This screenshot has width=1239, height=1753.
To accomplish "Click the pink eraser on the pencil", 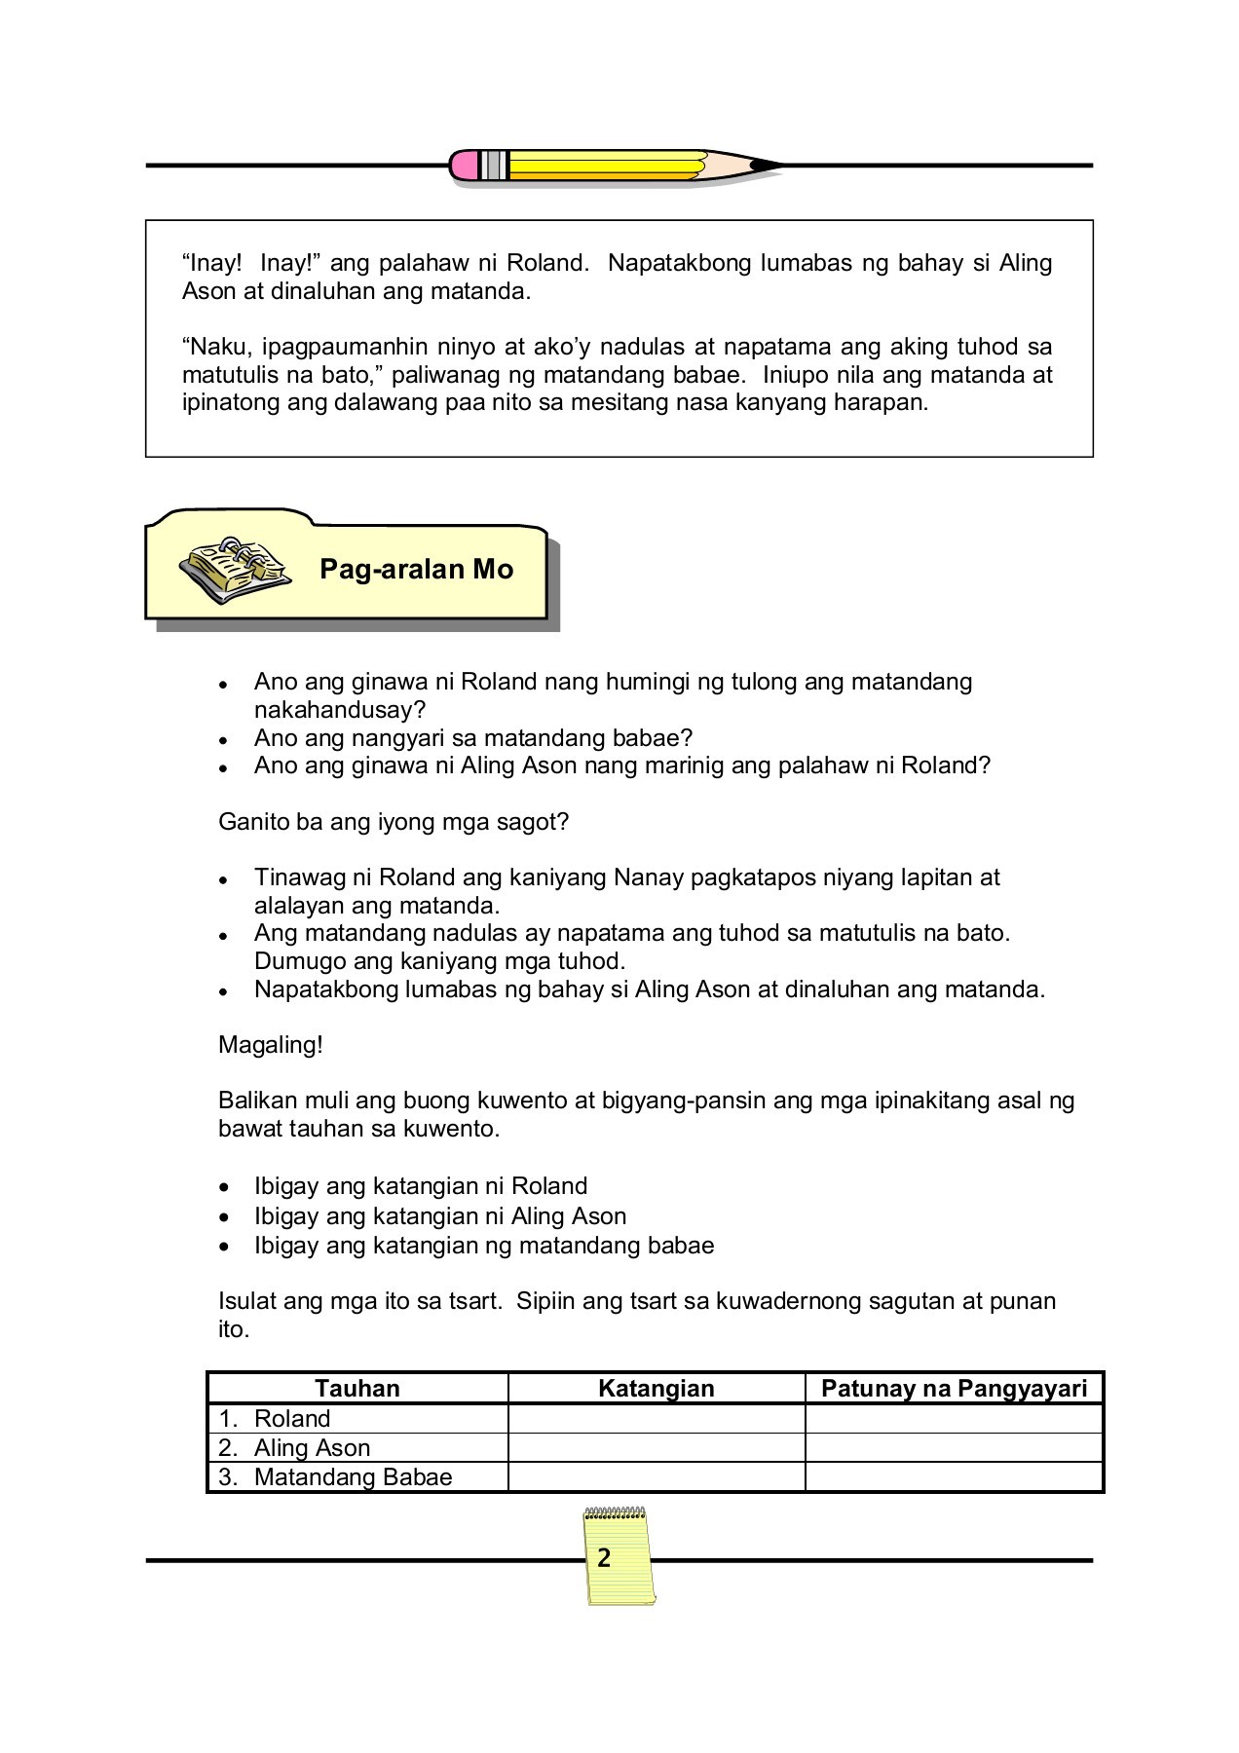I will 465,165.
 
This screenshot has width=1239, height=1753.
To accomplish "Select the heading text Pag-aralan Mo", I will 416,570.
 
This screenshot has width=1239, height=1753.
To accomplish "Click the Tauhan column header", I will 357,1388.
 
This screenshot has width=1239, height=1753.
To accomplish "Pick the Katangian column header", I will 656,1388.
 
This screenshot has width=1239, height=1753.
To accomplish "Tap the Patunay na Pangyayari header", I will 954,1388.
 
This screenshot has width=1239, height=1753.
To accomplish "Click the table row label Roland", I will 291,1418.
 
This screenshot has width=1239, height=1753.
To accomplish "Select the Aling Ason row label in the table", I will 312,1447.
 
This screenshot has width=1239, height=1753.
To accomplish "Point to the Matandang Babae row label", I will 353,1476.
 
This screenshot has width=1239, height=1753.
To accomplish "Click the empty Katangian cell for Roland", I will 656,1418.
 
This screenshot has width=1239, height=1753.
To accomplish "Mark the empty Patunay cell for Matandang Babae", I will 954,1476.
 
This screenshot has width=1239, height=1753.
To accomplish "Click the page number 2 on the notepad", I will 604,1558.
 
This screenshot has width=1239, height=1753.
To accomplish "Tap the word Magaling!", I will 271,1045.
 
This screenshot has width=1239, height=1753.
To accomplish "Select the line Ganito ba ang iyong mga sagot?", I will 394,821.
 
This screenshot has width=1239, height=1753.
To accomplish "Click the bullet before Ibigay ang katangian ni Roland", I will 225,1188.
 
